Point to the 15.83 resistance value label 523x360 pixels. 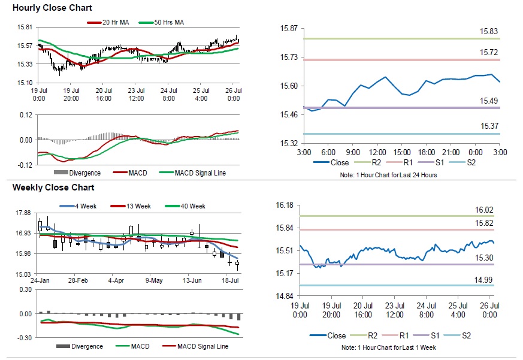click(x=489, y=31)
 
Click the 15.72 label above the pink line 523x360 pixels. click(x=489, y=53)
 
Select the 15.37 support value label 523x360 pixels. click(x=489, y=126)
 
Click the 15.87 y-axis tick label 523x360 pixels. click(x=289, y=29)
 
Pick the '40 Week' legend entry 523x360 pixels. click(x=192, y=206)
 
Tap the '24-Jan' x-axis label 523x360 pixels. click(x=40, y=280)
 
